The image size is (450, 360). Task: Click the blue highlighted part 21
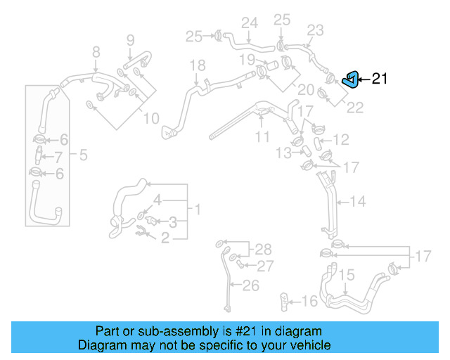tap(350, 79)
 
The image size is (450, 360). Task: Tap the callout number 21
tap(379, 79)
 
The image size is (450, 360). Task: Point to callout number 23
tap(315, 30)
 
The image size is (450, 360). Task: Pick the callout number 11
tap(262, 136)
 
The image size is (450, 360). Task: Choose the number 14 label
tap(357, 202)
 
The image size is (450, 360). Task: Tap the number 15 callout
tap(347, 276)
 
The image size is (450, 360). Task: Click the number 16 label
tap(309, 301)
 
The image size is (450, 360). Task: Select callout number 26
tap(251, 285)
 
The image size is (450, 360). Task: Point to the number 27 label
tap(264, 266)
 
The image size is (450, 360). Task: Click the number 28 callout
tap(262, 249)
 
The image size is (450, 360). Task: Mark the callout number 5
tap(83, 155)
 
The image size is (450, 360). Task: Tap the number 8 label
tap(96, 51)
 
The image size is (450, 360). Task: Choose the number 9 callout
tap(130, 40)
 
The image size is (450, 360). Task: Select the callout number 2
tap(165, 238)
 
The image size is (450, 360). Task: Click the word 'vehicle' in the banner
tap(311, 345)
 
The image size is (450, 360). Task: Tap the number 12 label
tap(340, 140)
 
